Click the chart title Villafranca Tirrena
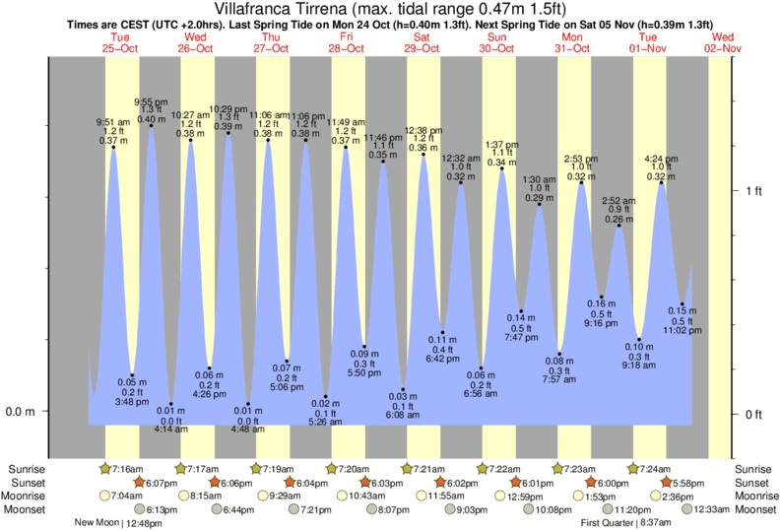(x=390, y=9)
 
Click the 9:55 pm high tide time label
(x=151, y=101)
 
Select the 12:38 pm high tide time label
(x=423, y=130)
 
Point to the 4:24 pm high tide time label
(x=661, y=159)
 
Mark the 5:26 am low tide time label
(x=325, y=422)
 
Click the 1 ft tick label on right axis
(x=754, y=190)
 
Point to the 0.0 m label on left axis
(x=22, y=412)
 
